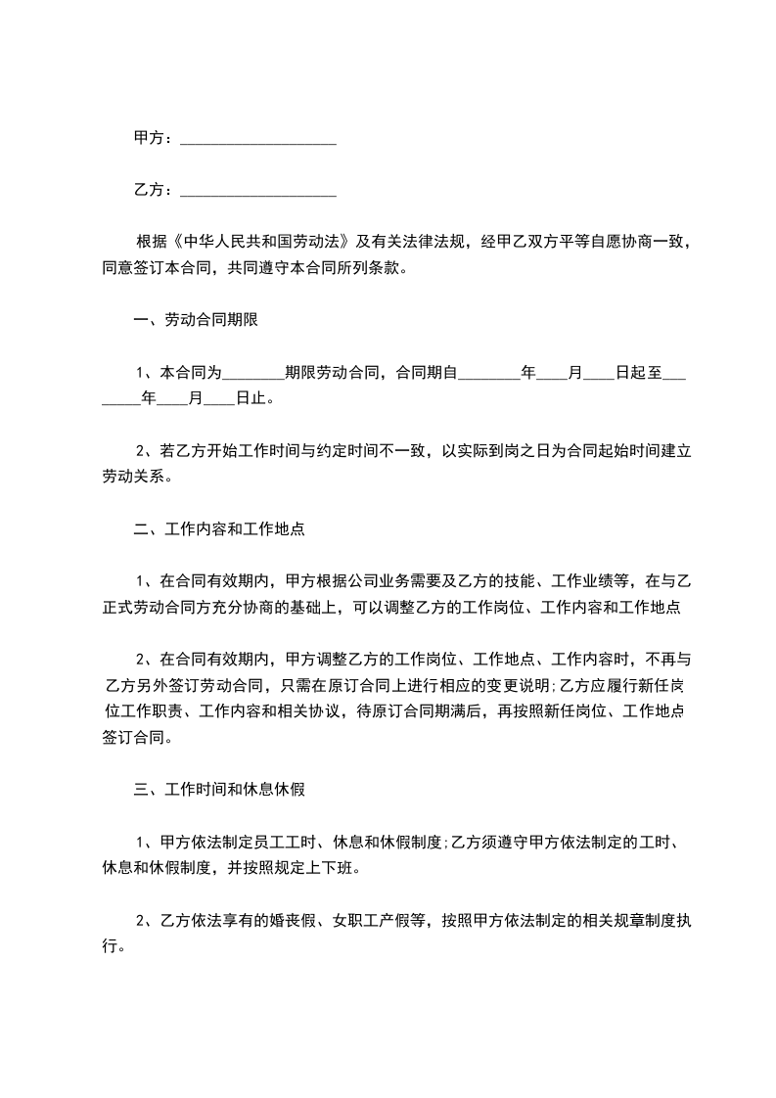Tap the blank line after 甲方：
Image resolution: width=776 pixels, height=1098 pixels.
point(258,141)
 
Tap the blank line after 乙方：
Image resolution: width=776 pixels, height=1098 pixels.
point(258,192)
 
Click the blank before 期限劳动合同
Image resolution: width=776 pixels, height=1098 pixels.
point(253,374)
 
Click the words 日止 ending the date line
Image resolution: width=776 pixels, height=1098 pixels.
point(252,398)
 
